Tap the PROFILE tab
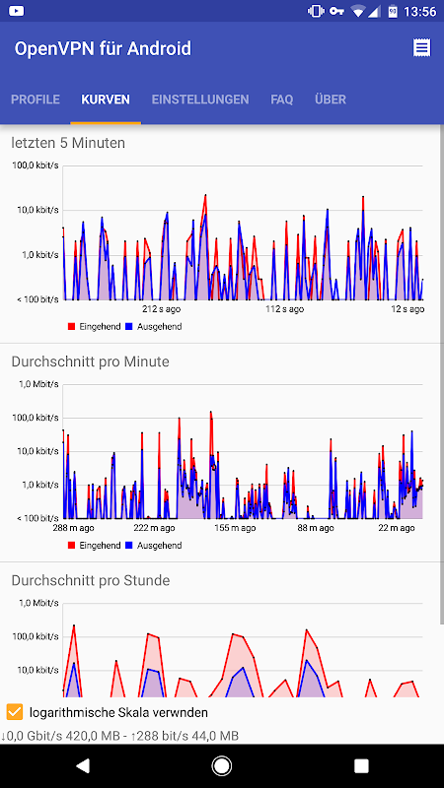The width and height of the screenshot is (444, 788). pyautogui.click(x=36, y=99)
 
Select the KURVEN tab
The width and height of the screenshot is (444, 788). pyautogui.click(x=106, y=99)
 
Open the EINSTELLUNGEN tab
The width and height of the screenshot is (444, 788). pyautogui.click(x=200, y=99)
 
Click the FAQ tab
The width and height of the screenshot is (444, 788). pyautogui.click(x=282, y=99)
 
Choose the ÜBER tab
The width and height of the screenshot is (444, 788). pyautogui.click(x=331, y=99)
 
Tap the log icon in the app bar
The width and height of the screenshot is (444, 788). pyautogui.click(x=422, y=48)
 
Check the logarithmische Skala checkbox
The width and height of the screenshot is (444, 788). pyautogui.click(x=15, y=712)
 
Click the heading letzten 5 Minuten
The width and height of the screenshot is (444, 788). pyautogui.click(x=68, y=143)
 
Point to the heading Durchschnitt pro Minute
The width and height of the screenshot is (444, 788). pyautogui.click(x=91, y=361)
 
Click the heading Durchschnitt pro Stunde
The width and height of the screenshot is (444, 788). pyautogui.click(x=91, y=580)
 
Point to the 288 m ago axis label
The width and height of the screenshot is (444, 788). pyautogui.click(x=73, y=527)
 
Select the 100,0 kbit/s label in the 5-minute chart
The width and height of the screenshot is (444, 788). pyautogui.click(x=36, y=165)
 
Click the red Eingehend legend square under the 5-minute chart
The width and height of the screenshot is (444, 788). pyautogui.click(x=71, y=326)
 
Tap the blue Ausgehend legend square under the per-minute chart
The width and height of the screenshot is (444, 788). pyautogui.click(x=128, y=545)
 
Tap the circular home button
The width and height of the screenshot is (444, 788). pyautogui.click(x=222, y=765)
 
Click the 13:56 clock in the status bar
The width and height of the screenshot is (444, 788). pyautogui.click(x=420, y=12)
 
